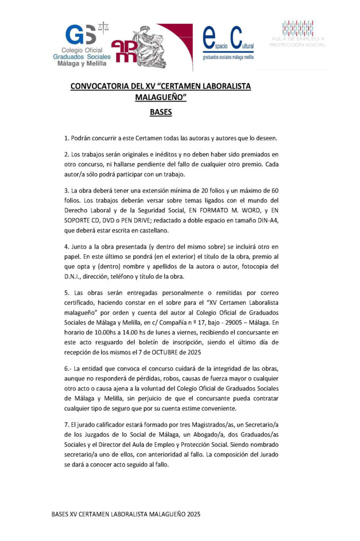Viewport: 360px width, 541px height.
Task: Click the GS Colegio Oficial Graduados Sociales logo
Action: pos(86,45)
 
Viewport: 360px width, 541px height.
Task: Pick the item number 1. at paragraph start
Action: pos(67,138)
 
